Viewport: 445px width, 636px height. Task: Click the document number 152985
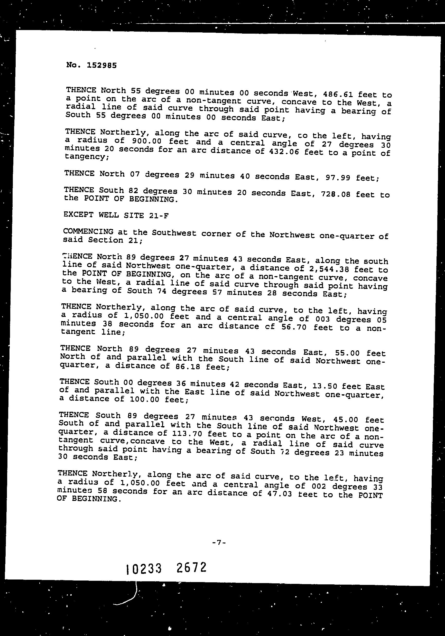[101, 66]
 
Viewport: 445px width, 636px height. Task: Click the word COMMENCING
[88, 231]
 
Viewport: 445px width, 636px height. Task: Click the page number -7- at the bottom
[219, 543]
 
